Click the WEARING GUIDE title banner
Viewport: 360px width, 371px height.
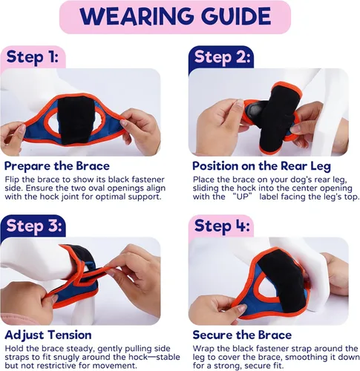click(x=175, y=17)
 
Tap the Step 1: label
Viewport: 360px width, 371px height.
click(x=33, y=57)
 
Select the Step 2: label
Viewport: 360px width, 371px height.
click(x=222, y=57)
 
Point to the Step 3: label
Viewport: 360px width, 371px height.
click(x=34, y=226)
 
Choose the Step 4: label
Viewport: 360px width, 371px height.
click(x=222, y=226)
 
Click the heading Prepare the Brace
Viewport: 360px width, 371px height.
click(x=57, y=166)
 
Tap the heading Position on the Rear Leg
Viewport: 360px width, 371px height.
click(x=261, y=166)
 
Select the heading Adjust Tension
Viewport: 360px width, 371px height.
click(x=48, y=335)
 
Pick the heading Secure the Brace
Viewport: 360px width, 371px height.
click(x=242, y=335)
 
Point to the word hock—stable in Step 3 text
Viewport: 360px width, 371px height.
click(x=154, y=357)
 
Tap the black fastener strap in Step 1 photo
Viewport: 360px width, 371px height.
click(x=76, y=120)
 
